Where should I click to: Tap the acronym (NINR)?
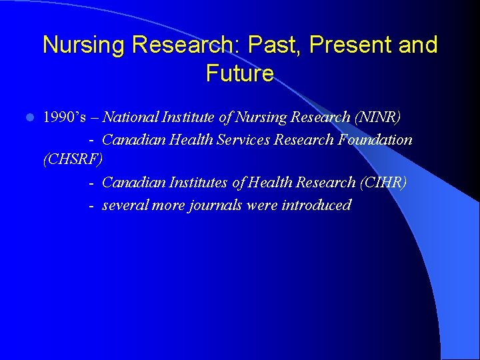click(x=378, y=117)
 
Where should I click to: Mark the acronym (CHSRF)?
click(x=73, y=161)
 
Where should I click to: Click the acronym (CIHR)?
click(x=382, y=183)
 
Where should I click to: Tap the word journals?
click(x=216, y=205)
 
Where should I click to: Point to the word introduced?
click(x=316, y=205)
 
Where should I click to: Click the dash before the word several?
click(x=91, y=205)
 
